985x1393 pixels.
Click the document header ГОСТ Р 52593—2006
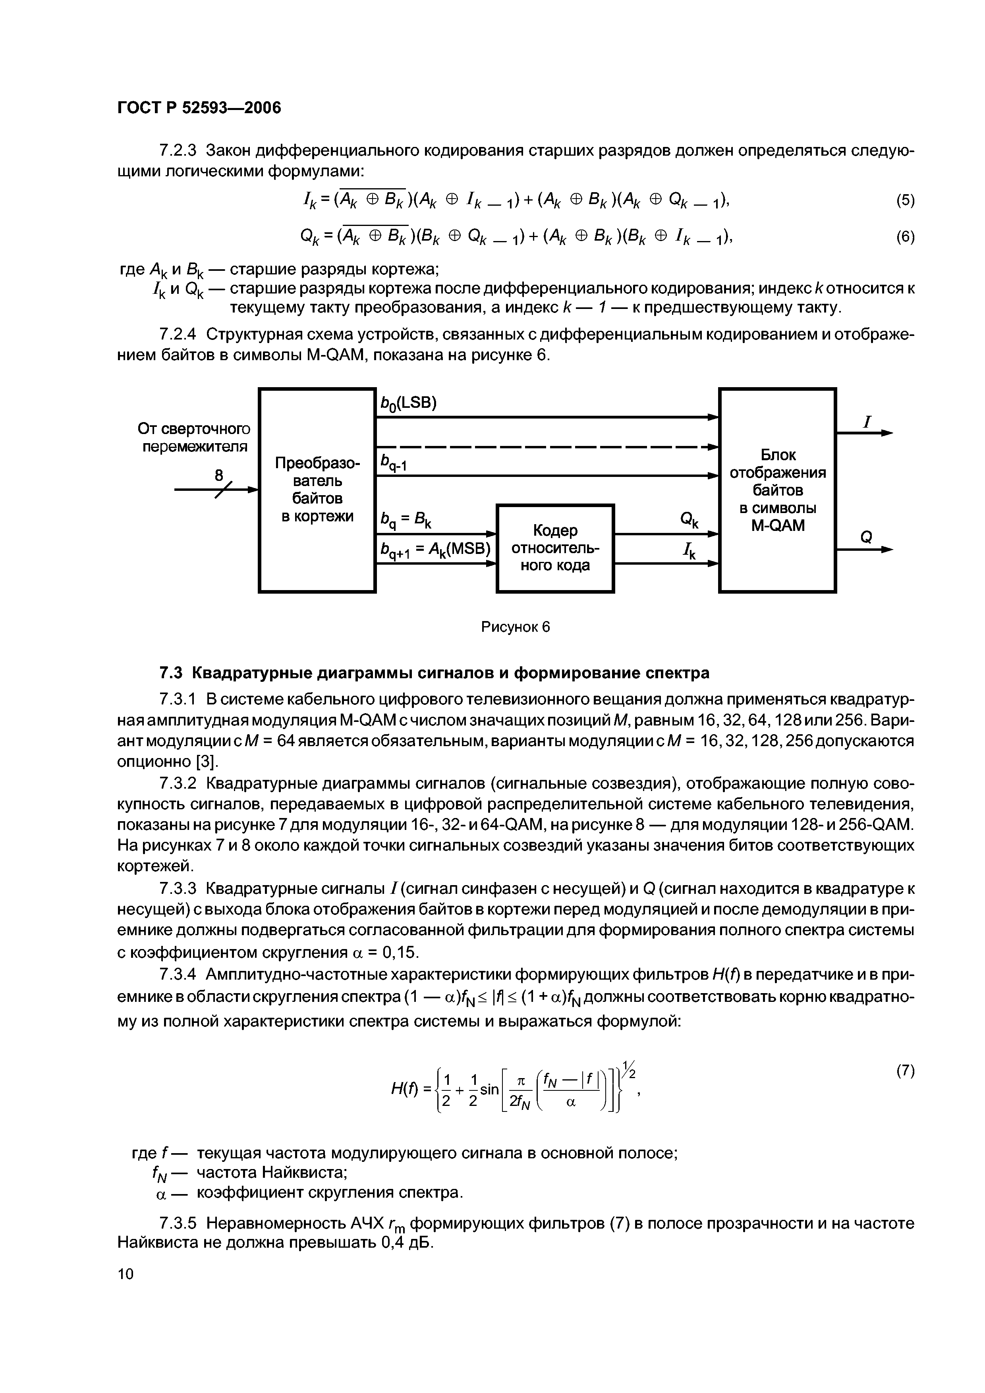(x=199, y=108)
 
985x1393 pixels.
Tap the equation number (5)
(x=905, y=201)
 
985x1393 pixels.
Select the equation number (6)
(x=905, y=237)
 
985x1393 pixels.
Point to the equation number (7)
(x=905, y=1071)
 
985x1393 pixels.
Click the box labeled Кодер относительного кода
(x=555, y=548)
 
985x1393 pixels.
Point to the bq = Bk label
(x=405, y=520)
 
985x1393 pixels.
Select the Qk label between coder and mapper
(x=689, y=520)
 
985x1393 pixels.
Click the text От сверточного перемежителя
(x=194, y=438)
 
